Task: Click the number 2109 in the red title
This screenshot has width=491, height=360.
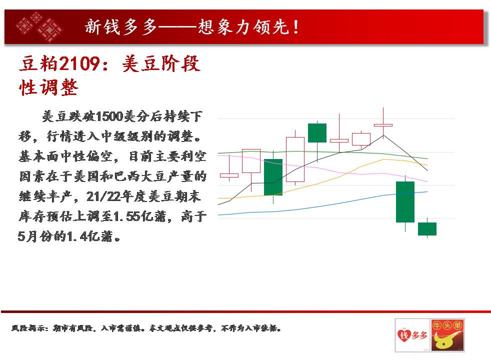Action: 79,63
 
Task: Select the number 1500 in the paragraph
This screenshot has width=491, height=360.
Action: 109,116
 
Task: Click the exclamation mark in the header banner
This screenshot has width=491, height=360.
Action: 295,27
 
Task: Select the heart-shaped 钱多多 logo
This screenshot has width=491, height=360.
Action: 412,335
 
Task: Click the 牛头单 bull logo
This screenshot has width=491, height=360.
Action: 447,335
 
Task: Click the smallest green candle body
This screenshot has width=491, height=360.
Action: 427,229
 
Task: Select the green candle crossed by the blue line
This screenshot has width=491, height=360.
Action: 405,202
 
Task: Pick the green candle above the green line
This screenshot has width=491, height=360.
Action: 317,132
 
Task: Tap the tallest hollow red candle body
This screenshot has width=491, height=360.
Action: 295,159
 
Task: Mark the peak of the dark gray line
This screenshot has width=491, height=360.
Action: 383,135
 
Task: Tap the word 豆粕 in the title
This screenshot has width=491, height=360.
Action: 39,63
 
